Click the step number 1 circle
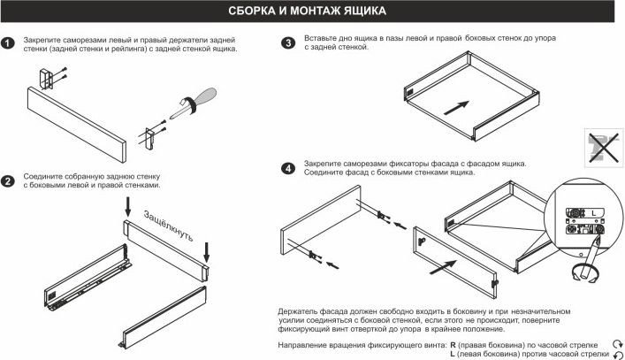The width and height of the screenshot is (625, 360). coord(8,43)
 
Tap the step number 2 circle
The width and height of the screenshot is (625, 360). coord(8,181)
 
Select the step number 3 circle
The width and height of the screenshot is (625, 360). coord(288,42)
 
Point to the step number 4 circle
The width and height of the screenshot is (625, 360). coord(288,168)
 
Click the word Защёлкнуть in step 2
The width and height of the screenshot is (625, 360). coord(169,226)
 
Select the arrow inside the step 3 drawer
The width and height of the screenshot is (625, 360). coord(456,108)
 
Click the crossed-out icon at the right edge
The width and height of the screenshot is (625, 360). coord(604,148)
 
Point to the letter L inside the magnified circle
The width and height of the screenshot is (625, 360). coord(593,213)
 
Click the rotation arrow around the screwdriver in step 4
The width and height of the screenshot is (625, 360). coord(584,275)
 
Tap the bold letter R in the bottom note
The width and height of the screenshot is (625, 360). coord(454,345)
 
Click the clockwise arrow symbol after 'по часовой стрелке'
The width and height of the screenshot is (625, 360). coord(617,344)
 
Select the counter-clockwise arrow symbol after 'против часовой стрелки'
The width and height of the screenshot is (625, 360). coord(618,355)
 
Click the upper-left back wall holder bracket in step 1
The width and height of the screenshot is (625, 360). coord(46,79)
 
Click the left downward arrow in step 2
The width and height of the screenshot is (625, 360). coord(128,206)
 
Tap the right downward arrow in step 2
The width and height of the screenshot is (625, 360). coord(207,252)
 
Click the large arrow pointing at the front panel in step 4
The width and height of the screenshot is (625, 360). coord(443,267)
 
